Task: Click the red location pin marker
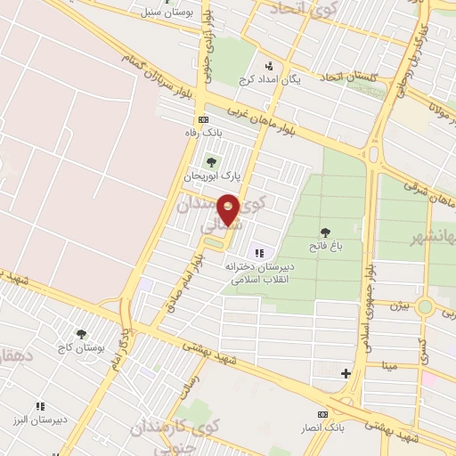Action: pyautogui.click(x=229, y=209)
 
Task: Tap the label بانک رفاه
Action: pyautogui.click(x=201, y=133)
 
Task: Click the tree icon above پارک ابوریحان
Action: pyautogui.click(x=211, y=162)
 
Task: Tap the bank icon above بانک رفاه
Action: pyautogui.click(x=203, y=119)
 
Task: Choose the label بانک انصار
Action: pyautogui.click(x=322, y=428)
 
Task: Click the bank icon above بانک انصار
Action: pyautogui.click(x=322, y=414)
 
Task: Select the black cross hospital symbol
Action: pyautogui.click(x=346, y=373)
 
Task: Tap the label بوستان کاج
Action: pyautogui.click(x=81, y=346)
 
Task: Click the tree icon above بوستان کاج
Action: pyautogui.click(x=82, y=333)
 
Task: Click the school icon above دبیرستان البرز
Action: pyautogui.click(x=39, y=405)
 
